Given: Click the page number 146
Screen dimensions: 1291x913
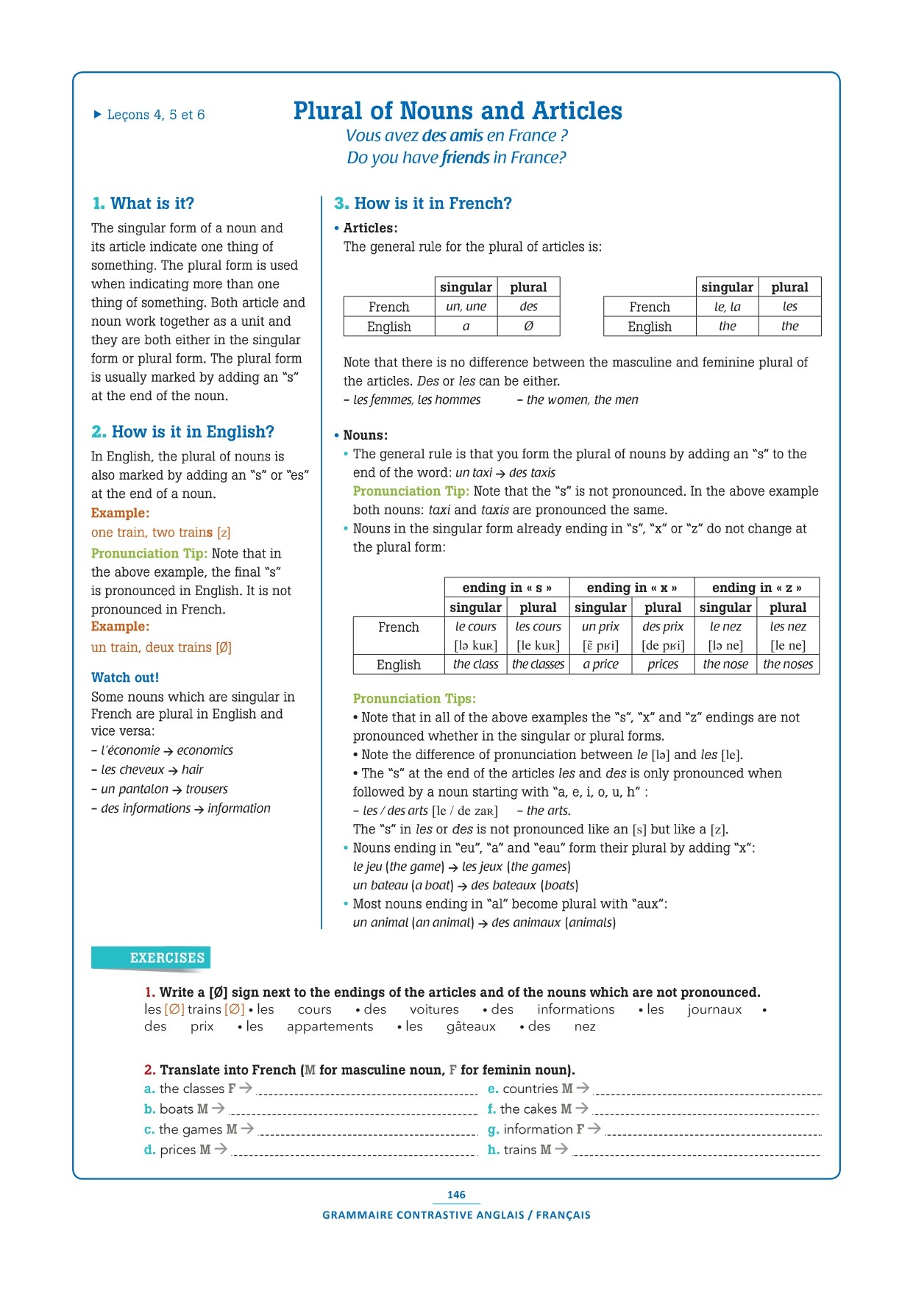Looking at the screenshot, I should point(456,1195).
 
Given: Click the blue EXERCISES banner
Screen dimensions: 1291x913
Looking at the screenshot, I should point(152,958).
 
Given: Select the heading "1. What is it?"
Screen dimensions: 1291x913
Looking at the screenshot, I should point(143,204).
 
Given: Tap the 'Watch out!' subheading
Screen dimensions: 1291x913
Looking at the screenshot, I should point(125,677).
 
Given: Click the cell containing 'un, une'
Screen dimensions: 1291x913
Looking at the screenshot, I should point(466,307).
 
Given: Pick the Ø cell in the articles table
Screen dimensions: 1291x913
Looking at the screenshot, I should point(528,327).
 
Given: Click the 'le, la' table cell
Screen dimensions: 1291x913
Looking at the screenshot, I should point(727,307).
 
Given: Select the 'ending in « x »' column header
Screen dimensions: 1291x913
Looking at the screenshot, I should point(631,588).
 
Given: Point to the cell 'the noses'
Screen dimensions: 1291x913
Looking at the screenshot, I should point(788,664).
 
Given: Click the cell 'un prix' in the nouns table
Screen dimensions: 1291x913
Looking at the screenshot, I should point(600,627).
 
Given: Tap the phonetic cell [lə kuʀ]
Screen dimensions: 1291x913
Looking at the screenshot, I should point(475,646).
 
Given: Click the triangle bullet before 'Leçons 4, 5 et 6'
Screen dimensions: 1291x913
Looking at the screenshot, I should point(97,114).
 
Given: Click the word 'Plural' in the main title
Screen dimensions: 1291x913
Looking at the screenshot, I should point(329,111).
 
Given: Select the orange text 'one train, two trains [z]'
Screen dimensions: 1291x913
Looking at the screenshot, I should point(160,533).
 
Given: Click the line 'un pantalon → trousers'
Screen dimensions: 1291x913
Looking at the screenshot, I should point(164,789).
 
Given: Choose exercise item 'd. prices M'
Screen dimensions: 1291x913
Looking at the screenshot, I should point(185,1150).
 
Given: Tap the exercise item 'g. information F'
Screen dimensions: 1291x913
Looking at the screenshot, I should point(543,1129).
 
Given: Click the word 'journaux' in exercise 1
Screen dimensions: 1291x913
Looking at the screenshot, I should point(714,1010).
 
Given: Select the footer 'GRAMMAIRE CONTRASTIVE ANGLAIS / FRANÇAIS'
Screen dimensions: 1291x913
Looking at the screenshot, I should point(456,1215).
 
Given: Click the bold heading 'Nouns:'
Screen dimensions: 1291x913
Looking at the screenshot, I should point(365,435).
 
